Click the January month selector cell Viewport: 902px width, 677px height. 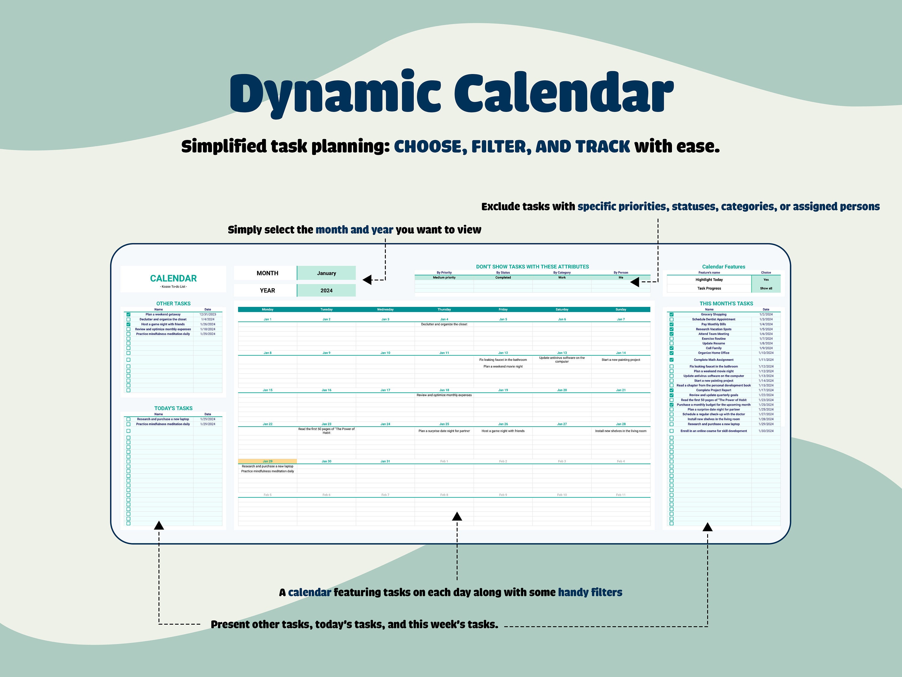pyautogui.click(x=326, y=273)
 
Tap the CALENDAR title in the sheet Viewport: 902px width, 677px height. pyautogui.click(x=173, y=278)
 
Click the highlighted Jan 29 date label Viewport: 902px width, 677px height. pyautogui.click(x=268, y=461)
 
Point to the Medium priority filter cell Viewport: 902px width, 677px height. pyautogui.click(x=444, y=277)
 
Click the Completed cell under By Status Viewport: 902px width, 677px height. pyautogui.click(x=503, y=277)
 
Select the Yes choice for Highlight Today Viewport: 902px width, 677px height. pyautogui.click(x=766, y=280)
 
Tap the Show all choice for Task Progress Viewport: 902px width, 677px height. pyautogui.click(x=766, y=289)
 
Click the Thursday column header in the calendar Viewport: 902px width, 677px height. pyautogui.click(x=444, y=309)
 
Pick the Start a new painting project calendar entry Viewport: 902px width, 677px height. pyautogui.click(x=621, y=360)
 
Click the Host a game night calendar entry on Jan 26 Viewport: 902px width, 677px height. pyautogui.click(x=503, y=431)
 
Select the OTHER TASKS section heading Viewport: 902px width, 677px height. pyautogui.click(x=173, y=304)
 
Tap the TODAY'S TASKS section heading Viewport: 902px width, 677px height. pyautogui.click(x=173, y=408)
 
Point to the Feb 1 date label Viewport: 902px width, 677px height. pyautogui.click(x=444, y=461)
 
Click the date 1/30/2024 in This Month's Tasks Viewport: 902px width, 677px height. pyautogui.click(x=766, y=431)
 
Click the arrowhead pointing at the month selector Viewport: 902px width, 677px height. pyautogui.click(x=367, y=280)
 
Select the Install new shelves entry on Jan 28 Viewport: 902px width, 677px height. pyautogui.click(x=621, y=431)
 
